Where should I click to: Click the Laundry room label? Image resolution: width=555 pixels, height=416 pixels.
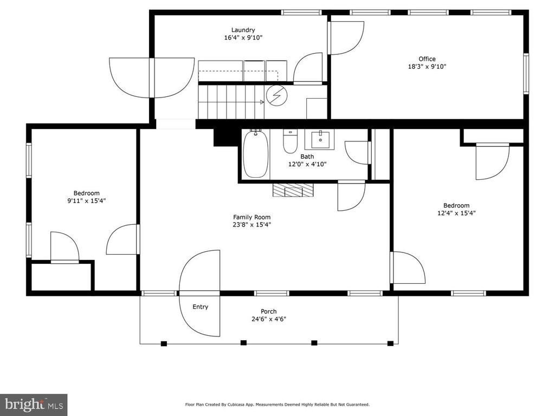[243, 30]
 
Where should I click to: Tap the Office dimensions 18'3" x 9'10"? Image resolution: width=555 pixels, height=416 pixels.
[427, 67]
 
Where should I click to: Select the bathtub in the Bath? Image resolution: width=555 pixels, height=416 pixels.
[255, 154]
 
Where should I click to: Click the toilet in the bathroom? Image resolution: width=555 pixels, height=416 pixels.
[291, 141]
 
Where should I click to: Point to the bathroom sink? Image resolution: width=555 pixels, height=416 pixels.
[320, 139]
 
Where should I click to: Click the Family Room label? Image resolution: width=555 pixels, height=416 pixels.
[251, 217]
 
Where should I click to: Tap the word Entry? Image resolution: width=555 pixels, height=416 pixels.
[201, 307]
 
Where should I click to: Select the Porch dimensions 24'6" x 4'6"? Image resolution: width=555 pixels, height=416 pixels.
[269, 319]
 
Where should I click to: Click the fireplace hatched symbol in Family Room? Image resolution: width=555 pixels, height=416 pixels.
[293, 190]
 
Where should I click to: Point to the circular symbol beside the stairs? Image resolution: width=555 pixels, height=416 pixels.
[277, 95]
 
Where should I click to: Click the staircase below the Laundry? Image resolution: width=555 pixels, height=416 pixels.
[231, 102]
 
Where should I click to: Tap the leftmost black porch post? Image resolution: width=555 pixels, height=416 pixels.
[164, 343]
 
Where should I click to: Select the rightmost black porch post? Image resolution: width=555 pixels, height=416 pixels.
[390, 343]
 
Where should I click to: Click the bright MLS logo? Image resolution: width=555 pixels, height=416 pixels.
[34, 404]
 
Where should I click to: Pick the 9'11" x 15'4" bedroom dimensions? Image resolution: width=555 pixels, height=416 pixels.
[87, 201]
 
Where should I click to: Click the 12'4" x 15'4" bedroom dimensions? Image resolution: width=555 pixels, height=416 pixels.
[456, 213]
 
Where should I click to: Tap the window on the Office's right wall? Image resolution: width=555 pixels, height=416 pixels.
[526, 73]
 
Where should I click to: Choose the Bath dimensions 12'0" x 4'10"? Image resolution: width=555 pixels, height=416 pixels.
[307, 164]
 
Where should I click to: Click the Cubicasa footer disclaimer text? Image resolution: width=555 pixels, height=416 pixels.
[277, 404]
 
